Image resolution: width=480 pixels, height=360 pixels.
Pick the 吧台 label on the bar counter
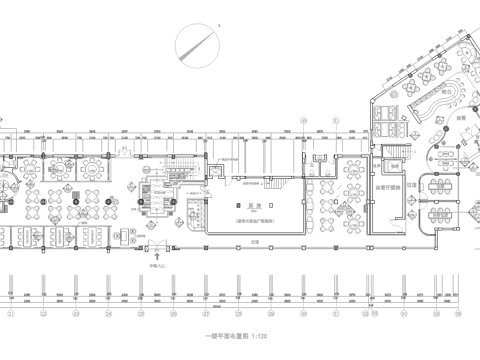point(462,117)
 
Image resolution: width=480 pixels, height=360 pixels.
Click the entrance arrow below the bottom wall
point(157,258)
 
